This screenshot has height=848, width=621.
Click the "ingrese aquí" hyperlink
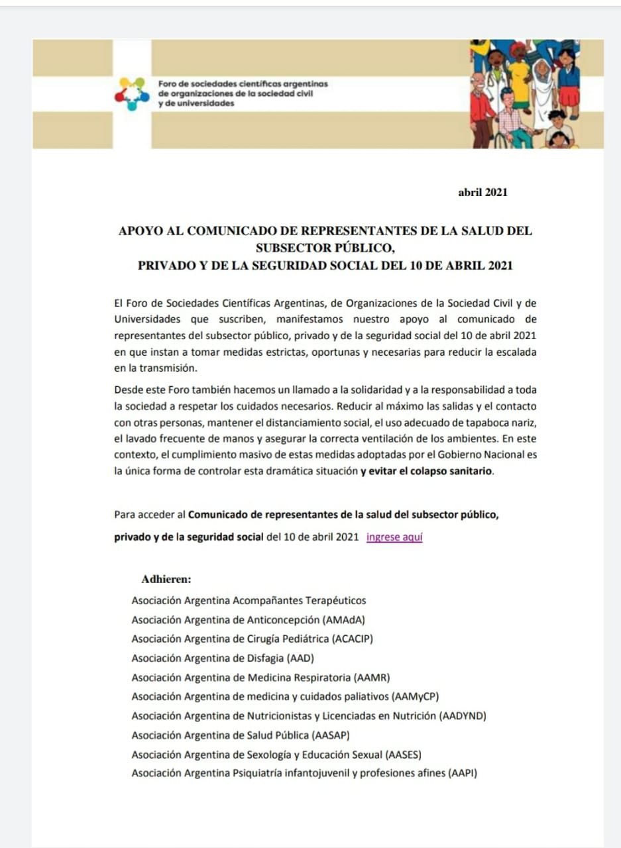coord(394,537)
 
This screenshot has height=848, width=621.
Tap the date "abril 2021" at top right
coord(482,192)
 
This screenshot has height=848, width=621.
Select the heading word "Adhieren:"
coord(166,579)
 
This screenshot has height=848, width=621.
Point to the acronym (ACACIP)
coord(358,639)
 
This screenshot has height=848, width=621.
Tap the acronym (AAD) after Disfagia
coord(301,659)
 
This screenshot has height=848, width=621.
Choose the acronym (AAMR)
coord(372,678)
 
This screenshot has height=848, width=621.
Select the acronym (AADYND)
coord(463,716)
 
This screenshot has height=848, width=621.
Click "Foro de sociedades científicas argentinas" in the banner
coord(243,84)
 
